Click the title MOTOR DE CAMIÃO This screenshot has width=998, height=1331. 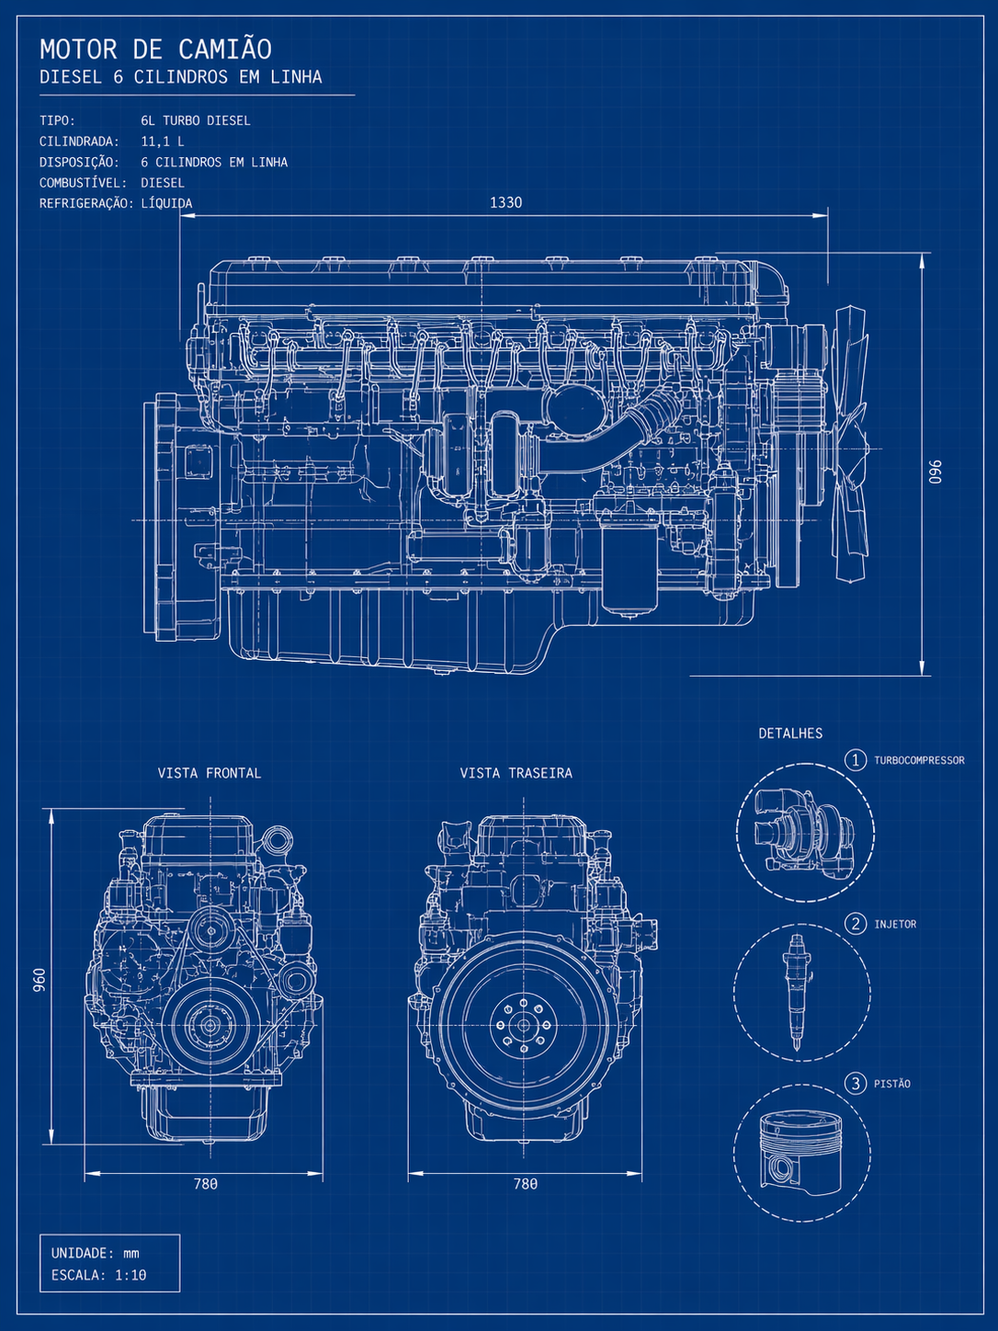[x=155, y=50]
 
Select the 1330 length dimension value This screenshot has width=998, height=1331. [x=506, y=202]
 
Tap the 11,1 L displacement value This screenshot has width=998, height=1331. [x=163, y=142]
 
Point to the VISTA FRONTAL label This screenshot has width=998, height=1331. [x=209, y=773]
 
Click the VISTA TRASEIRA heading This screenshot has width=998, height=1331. [x=516, y=773]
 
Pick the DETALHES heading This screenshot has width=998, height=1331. [x=790, y=734]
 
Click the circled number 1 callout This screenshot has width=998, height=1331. [x=856, y=760]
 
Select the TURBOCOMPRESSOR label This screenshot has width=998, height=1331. [x=919, y=760]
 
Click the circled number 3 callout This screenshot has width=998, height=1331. [x=856, y=1084]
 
